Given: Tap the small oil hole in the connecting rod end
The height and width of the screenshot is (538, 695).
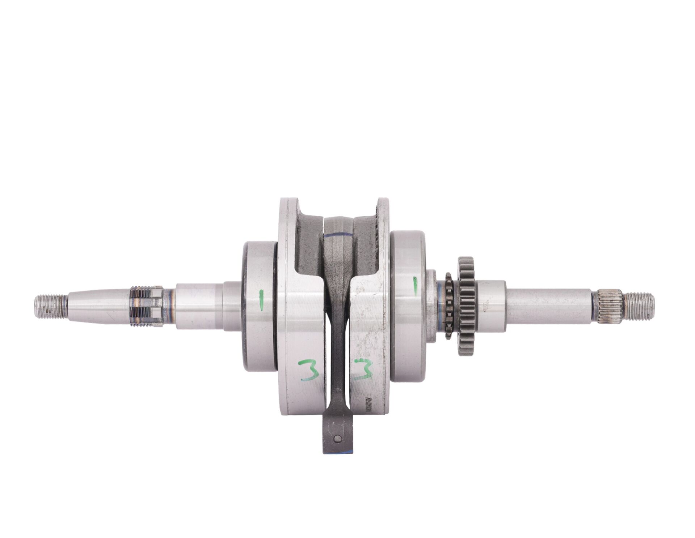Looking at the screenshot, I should pyautogui.click(x=337, y=438).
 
